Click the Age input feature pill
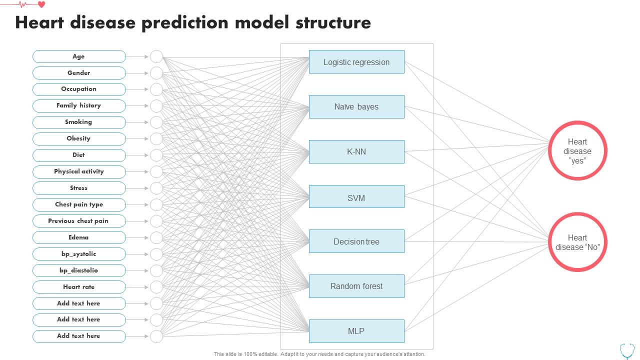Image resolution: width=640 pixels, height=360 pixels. [x=79, y=56]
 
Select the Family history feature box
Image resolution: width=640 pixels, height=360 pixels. [x=79, y=105]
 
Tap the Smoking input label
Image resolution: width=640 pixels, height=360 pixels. [x=79, y=122]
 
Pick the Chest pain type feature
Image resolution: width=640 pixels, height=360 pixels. [x=79, y=204]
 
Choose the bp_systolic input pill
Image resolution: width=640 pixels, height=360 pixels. [x=79, y=254]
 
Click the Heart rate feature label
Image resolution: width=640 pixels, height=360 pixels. [x=79, y=287]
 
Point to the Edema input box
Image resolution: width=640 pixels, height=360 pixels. [x=79, y=237]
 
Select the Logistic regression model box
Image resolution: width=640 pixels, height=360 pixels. [x=356, y=61]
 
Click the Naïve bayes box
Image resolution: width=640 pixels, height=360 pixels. [x=356, y=106]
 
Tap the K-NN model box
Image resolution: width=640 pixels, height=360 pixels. [x=356, y=151]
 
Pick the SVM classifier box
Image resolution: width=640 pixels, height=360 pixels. [x=356, y=196]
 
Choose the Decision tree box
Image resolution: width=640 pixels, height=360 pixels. [x=356, y=241]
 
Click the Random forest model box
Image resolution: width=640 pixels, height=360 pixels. [x=356, y=286]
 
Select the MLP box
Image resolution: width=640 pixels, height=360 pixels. [x=356, y=331]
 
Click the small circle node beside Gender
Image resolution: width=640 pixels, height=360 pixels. [x=156, y=73]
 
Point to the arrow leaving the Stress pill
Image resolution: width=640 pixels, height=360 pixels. [x=137, y=188]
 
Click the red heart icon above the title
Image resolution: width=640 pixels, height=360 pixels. [x=41, y=4]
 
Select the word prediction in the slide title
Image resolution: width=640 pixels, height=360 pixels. [x=185, y=23]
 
